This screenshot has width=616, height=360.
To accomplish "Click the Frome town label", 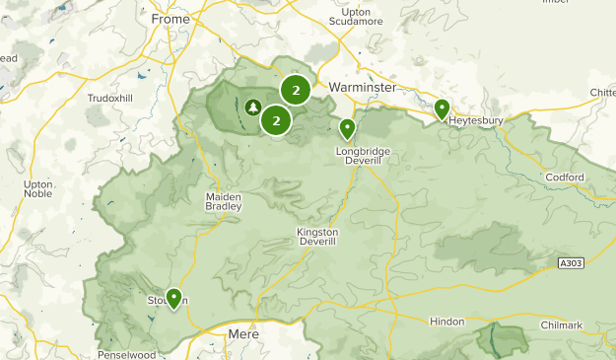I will pyautogui.click(x=170, y=19).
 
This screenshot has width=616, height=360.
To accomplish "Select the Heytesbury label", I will pyautogui.click(x=476, y=121).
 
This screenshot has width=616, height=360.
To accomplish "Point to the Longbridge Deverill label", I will pyautogui.click(x=364, y=156).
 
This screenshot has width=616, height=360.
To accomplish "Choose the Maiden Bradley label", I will pyautogui.click(x=223, y=201).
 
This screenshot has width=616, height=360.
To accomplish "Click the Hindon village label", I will pyautogui.click(x=446, y=322).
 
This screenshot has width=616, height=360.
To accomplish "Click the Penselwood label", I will pyautogui.click(x=128, y=354).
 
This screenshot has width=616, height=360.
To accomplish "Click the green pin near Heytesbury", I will pyautogui.click(x=442, y=108).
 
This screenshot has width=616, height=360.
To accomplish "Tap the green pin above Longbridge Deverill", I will pyautogui.click(x=347, y=128).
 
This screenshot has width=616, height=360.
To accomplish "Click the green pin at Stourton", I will pyautogui.click(x=173, y=297).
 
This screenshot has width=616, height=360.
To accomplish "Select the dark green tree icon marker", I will pyautogui.click(x=253, y=108).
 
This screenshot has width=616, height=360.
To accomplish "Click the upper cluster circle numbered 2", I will pyautogui.click(x=296, y=91).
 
